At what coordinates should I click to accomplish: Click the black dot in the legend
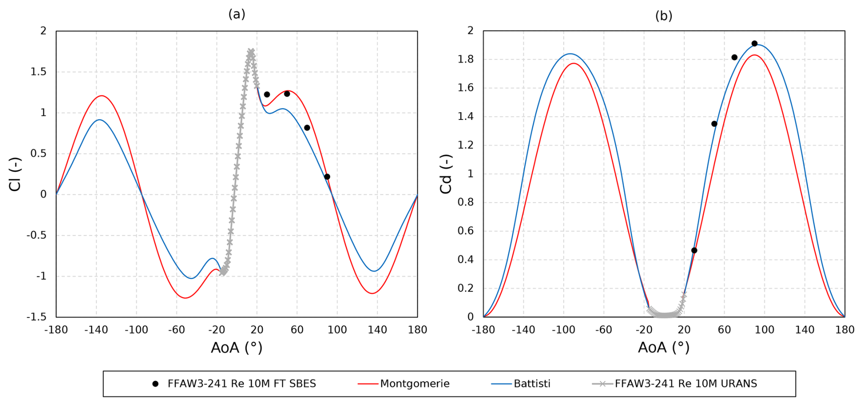coord(155,384)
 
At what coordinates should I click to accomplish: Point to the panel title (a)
coord(237,14)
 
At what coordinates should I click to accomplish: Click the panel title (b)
coord(664,16)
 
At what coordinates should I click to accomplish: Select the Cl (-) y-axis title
coord(15,174)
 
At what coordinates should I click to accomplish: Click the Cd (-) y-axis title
coord(446,174)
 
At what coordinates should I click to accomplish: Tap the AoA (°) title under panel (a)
coord(236,348)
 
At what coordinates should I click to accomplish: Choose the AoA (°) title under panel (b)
coord(664,348)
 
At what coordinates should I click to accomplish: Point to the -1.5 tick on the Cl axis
coord(36,317)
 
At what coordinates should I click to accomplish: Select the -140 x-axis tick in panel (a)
coord(96,330)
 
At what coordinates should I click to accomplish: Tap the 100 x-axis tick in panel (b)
coord(764,330)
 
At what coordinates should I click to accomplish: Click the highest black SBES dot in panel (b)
coord(754,44)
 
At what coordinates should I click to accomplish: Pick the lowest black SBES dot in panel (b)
coord(694,250)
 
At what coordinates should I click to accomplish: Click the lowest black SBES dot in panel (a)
coord(327,177)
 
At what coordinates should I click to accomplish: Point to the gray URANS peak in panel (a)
coord(251,52)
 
